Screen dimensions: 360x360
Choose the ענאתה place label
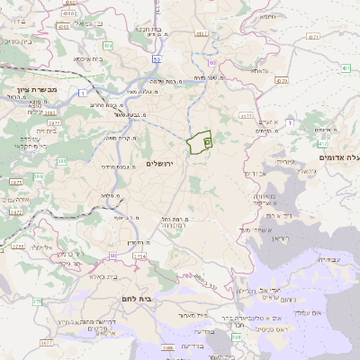click(258, 69)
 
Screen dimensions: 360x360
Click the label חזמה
click(268, 16)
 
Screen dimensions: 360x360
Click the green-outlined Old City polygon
click(199, 141)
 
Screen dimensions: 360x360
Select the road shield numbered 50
click(157, 59)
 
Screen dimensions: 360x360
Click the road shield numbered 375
click(37, 302)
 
